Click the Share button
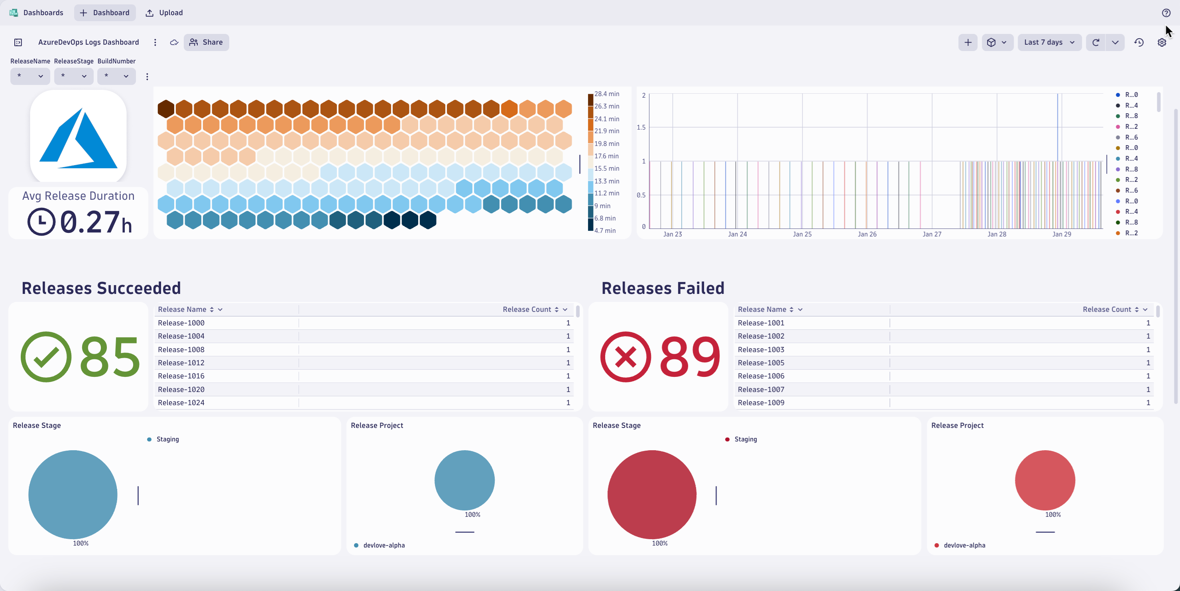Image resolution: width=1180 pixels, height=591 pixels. (206, 42)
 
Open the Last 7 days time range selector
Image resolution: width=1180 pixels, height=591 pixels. (1048, 42)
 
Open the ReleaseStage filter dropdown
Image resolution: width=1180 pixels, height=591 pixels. (74, 76)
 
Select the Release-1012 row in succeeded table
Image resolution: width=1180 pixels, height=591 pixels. (181, 363)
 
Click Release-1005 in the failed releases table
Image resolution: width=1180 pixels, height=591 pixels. (761, 363)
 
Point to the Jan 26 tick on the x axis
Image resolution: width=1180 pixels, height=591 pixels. (867, 234)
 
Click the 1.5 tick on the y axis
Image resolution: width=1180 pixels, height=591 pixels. (641, 127)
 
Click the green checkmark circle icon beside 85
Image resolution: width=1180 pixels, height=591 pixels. (46, 357)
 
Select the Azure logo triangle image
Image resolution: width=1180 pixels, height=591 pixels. (78, 138)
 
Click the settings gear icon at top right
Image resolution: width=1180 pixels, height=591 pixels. (1161, 42)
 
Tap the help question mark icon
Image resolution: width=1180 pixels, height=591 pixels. (1166, 13)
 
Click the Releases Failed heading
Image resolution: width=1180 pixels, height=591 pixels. (663, 288)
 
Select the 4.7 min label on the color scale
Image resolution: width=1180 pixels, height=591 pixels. (605, 231)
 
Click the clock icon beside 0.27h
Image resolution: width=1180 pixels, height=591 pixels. (41, 222)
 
